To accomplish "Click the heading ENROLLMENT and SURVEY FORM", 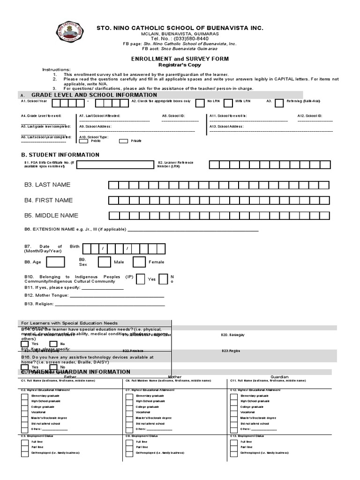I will (180, 59).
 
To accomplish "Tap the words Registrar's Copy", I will (180, 65).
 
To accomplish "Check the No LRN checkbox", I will (200, 103).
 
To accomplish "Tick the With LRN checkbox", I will (228, 103).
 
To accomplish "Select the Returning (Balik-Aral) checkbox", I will (279, 103).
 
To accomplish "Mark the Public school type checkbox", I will (84, 141).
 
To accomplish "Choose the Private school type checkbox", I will (124, 141).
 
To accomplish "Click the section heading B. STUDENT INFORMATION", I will (60, 155).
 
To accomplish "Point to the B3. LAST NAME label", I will (47, 185).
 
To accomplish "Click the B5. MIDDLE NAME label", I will (51, 216).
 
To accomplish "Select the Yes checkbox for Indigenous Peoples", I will (140, 279).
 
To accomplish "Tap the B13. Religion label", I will (39, 304).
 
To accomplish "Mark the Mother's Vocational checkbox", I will (128, 412).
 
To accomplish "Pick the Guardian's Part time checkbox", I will (233, 447).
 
